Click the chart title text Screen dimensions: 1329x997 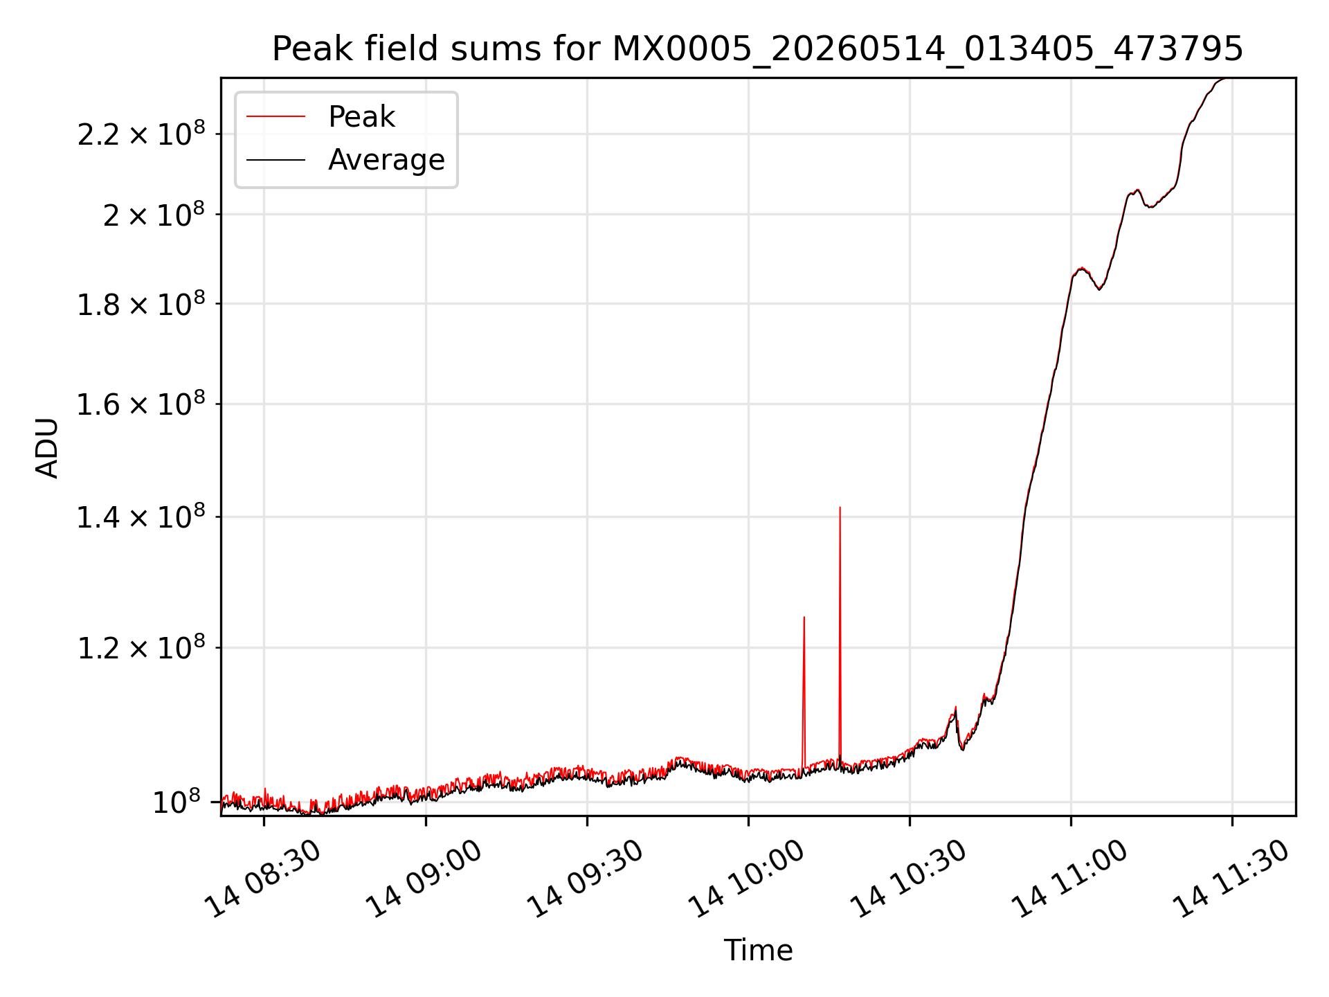coord(758,49)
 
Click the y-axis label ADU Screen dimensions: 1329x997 coord(47,447)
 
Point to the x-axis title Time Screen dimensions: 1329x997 coord(758,950)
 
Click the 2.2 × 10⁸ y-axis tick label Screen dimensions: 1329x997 coord(141,134)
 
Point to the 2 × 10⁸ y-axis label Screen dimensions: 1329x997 coord(154,214)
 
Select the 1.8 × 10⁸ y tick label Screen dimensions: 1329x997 coord(141,303)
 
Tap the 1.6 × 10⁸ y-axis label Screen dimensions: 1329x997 coord(141,404)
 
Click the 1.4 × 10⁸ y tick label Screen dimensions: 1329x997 coord(141,517)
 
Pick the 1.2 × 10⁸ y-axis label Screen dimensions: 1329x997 coord(141,647)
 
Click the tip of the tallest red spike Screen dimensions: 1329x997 coord(840,507)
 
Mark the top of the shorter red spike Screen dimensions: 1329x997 coord(804,617)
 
